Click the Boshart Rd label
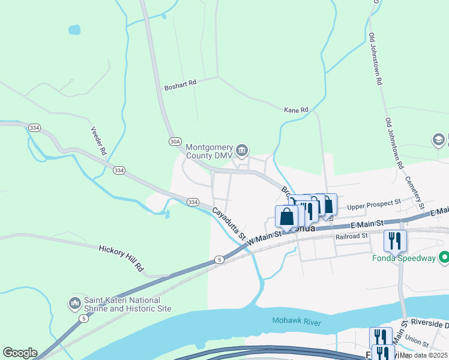tap(180, 86)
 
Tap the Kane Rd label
tap(295, 110)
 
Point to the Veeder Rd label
tap(98, 140)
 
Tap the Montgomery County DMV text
tap(209, 152)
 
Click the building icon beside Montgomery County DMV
tap(242, 149)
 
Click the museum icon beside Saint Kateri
tap(74, 304)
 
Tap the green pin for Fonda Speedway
tap(444, 258)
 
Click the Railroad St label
tap(352, 236)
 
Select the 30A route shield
tap(175, 142)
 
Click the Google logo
tap(20, 353)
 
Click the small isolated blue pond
tap(74, 29)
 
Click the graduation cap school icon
tap(439, 140)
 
